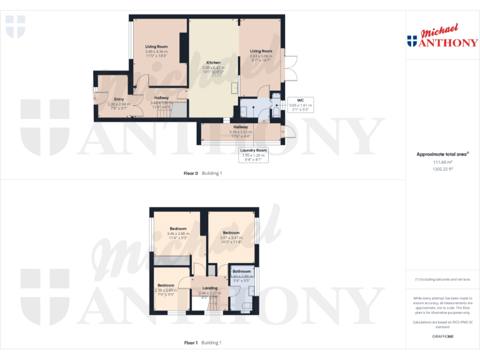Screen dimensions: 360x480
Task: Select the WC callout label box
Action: tap(300, 103)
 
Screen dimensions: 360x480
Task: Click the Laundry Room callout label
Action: tap(253, 154)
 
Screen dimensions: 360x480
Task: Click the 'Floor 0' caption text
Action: tap(191, 173)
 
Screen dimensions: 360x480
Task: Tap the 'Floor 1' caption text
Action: tap(191, 343)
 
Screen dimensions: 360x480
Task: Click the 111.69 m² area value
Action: tap(442, 162)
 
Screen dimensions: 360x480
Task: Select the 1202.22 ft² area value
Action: tap(442, 169)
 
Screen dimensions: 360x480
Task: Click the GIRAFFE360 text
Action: tap(442, 337)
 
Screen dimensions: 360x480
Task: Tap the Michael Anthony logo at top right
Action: tap(442, 36)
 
